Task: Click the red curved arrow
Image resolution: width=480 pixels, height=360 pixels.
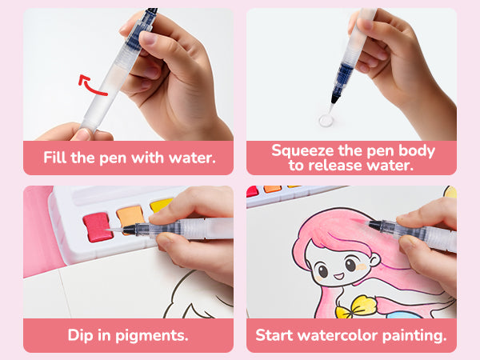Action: (x=89, y=86)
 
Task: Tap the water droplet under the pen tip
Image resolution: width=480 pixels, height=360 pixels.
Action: (x=326, y=120)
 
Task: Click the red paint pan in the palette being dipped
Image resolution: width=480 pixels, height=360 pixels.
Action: (x=98, y=227)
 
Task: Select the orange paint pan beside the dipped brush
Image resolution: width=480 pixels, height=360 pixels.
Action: (x=130, y=217)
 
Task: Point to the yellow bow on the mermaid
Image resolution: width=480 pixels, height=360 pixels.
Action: (x=355, y=306)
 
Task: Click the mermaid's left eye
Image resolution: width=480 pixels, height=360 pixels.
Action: (x=322, y=270)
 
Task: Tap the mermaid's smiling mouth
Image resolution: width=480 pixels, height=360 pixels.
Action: (x=338, y=276)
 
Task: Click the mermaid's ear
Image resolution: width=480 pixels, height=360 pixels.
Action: (x=374, y=260)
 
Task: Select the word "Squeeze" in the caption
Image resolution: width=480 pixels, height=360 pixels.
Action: (x=302, y=150)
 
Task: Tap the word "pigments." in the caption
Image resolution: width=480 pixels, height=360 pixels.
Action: (x=151, y=335)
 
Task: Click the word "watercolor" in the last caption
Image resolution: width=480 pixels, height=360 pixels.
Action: (x=338, y=335)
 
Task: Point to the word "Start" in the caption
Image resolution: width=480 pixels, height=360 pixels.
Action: (x=274, y=335)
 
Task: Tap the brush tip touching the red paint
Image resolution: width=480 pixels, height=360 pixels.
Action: (x=114, y=230)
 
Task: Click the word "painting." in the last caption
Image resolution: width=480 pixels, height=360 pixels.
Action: (x=414, y=335)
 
